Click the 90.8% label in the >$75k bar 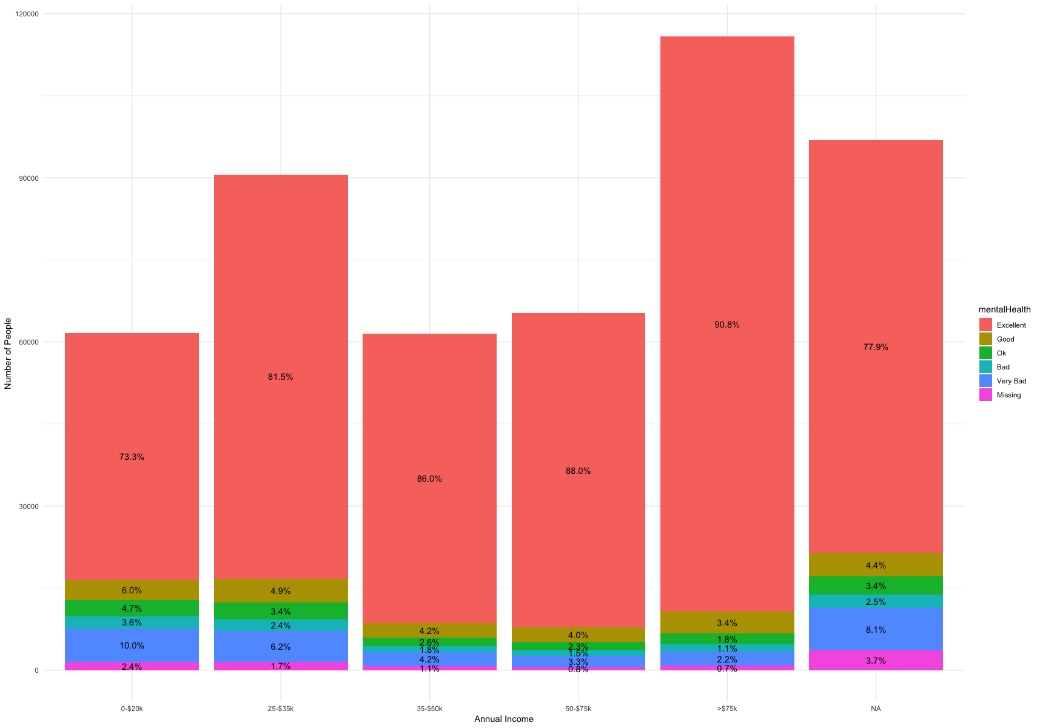pyautogui.click(x=726, y=325)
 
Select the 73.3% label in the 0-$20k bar pyautogui.click(x=132, y=457)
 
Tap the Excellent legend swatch pyautogui.click(x=985, y=325)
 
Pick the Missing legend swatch pyautogui.click(x=985, y=395)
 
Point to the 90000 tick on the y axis pyautogui.click(x=28, y=178)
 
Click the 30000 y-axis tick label pyautogui.click(x=28, y=507)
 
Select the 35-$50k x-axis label pyautogui.click(x=429, y=708)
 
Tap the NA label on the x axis pyautogui.click(x=876, y=708)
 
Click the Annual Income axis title pyautogui.click(x=503, y=719)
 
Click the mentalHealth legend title pyautogui.click(x=1004, y=309)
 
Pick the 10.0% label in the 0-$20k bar pyautogui.click(x=132, y=645)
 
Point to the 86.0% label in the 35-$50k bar pyautogui.click(x=429, y=479)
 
